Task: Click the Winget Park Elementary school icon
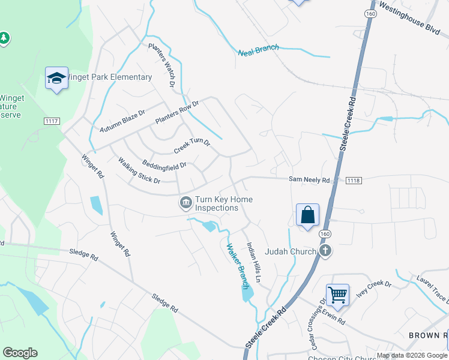pyautogui.click(x=57, y=79)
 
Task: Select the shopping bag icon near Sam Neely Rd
pyautogui.click(x=307, y=215)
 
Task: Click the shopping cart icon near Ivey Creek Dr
pyautogui.click(x=338, y=295)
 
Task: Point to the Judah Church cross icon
pyautogui.click(x=325, y=251)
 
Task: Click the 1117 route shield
pyautogui.click(x=52, y=121)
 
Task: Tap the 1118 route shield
pyautogui.click(x=354, y=180)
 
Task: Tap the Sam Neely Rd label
pyautogui.click(x=309, y=180)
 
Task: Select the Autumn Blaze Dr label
pyautogui.click(x=123, y=121)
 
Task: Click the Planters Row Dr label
pyautogui.click(x=176, y=113)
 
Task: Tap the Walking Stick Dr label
pyautogui.click(x=139, y=170)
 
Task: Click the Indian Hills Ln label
pyautogui.click(x=255, y=263)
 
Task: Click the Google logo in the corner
pyautogui.click(x=20, y=353)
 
